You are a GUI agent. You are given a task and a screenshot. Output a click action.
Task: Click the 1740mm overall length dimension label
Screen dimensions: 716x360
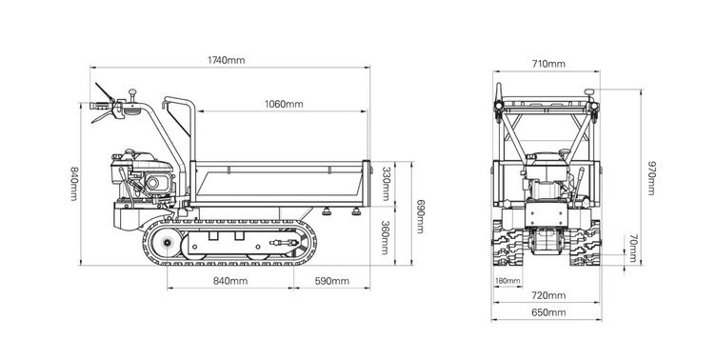pos(226,60)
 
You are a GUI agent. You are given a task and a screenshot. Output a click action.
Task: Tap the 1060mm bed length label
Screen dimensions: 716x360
pos(284,104)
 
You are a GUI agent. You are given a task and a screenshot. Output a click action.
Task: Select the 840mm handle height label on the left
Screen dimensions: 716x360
pos(73,184)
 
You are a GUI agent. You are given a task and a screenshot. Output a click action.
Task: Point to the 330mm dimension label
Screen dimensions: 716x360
pos(386,184)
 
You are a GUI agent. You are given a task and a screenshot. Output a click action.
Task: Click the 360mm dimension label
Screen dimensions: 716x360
pos(386,237)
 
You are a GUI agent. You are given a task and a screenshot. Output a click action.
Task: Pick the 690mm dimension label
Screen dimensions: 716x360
pos(421,216)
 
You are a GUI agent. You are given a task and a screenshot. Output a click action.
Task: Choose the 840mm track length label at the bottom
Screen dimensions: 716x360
pos(230,281)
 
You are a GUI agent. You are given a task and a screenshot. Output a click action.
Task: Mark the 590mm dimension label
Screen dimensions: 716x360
pos(332,281)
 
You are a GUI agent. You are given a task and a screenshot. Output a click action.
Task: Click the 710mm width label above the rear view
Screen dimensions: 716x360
pos(548,64)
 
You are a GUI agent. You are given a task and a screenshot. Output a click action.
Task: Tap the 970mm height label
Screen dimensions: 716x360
pos(651,178)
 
